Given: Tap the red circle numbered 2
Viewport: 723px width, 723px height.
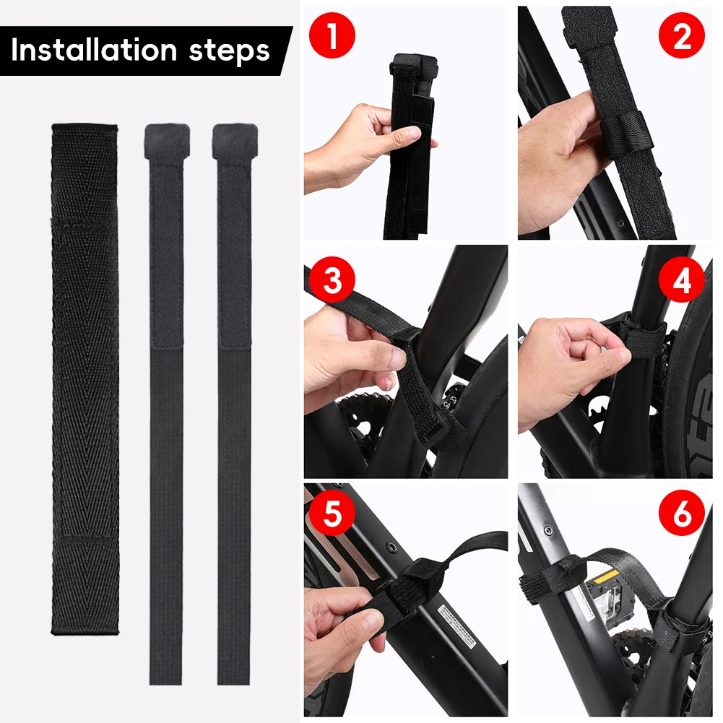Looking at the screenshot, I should point(681,36).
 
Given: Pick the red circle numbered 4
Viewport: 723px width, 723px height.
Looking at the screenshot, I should point(681,280).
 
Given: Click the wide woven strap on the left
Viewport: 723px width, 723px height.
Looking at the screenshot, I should point(85,376).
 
